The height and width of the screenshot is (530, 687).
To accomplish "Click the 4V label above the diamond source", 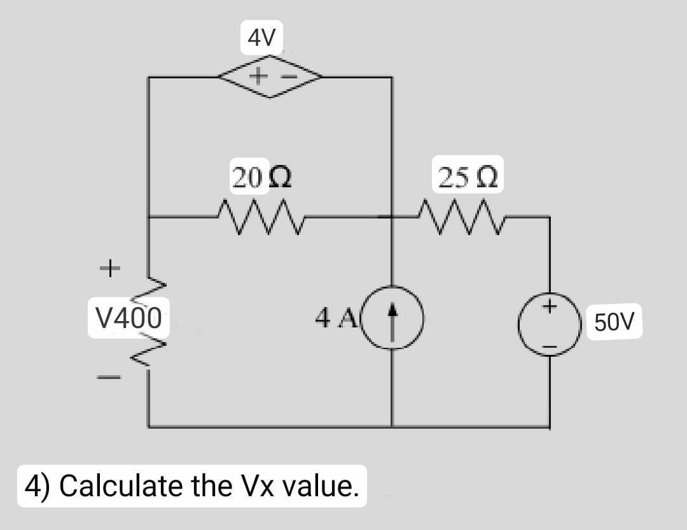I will coord(262,39).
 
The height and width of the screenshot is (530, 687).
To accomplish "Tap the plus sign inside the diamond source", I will coord(258,77).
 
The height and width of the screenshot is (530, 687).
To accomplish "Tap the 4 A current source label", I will coord(330,317).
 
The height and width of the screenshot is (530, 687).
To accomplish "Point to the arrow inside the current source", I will coord(392,316).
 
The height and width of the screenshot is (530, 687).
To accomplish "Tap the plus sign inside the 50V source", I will coord(550,308).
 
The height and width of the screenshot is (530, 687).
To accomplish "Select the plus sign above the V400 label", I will coord(109,267).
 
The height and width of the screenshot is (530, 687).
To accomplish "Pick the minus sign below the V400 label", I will coord(109,377).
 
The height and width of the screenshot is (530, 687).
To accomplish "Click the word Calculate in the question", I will coord(121,487).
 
